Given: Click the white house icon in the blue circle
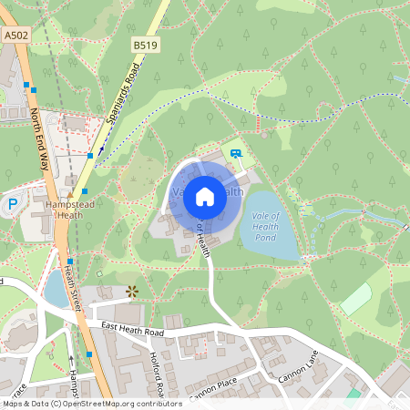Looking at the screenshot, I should [205, 195].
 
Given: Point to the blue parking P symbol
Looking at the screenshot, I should [13, 205].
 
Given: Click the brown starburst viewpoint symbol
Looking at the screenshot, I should [132, 292].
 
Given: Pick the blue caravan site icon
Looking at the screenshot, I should [237, 154].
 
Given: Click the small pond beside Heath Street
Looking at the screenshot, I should [55, 290].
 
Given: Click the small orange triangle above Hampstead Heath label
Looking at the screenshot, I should [69, 194].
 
